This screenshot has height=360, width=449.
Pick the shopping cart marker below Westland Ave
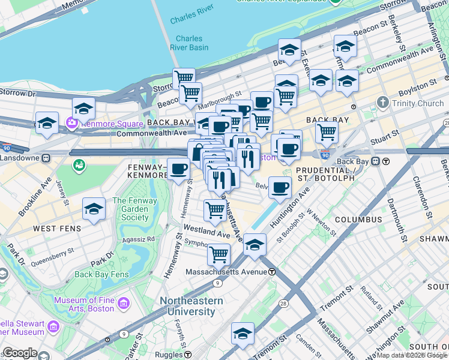[218, 254]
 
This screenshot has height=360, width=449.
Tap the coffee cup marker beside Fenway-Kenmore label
[178, 169]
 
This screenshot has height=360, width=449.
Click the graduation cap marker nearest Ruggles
[243, 334]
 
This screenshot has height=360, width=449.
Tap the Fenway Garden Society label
[134, 209]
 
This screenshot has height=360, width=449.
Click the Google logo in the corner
[20, 353]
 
